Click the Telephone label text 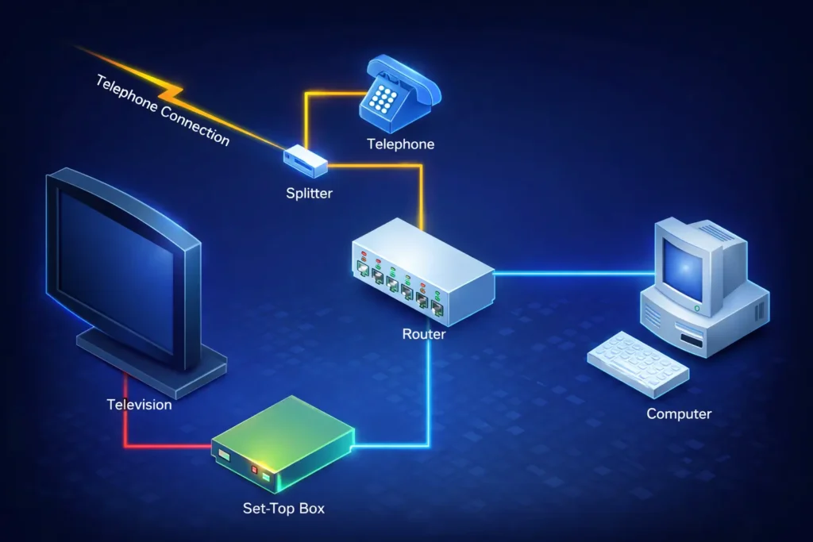click(x=400, y=144)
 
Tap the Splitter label click(x=310, y=193)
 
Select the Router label click(x=424, y=334)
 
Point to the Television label click(x=139, y=405)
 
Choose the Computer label click(x=679, y=413)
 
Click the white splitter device click(x=306, y=160)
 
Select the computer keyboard click(x=638, y=363)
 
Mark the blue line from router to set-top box click(x=430, y=397)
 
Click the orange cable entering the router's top click(x=422, y=198)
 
